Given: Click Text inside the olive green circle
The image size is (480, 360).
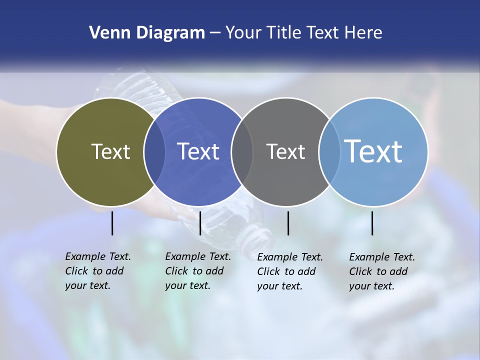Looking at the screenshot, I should coord(110,151).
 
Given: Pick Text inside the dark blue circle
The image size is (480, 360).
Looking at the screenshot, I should coord(198,151).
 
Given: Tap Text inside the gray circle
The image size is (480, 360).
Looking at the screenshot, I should coord(285,151).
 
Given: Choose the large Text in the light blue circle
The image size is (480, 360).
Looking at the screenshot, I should coord(373,151).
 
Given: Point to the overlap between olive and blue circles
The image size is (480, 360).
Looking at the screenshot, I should coord(154,151).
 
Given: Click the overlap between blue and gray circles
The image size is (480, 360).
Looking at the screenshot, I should coord(242,151).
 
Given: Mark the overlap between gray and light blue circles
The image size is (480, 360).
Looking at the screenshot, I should coord(329,151).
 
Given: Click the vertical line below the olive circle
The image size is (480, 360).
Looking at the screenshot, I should coord(112,223).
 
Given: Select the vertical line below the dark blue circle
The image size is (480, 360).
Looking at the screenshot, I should coord(200,223).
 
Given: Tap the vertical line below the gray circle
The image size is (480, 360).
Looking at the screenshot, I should coord(288,223).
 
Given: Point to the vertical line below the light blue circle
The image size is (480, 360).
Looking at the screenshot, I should coord(372,223).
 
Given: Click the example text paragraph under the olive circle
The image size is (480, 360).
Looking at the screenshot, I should coord(98,271).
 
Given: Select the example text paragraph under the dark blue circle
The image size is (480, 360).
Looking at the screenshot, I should coord(198,271).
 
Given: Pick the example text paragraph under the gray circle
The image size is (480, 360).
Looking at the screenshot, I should coord(290,271).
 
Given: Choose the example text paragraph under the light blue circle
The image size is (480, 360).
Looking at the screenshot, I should coord(382,271).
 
